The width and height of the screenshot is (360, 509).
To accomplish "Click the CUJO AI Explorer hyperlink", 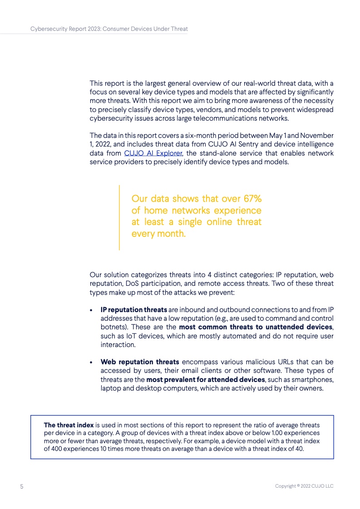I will click(x=153, y=153).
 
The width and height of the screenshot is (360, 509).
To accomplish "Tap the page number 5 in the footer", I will click(x=21, y=486).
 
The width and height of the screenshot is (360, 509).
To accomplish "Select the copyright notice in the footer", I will click(x=304, y=486).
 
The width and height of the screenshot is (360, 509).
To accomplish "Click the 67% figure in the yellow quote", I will click(x=251, y=199).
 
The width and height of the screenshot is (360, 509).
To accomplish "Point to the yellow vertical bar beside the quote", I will click(x=119, y=217).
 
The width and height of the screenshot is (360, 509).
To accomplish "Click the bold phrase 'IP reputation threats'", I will click(x=133, y=309).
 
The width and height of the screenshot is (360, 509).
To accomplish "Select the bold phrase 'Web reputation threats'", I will click(x=140, y=362).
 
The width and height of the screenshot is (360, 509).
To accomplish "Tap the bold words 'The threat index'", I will click(x=69, y=425).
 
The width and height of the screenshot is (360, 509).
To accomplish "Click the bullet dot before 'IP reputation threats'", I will click(x=92, y=310).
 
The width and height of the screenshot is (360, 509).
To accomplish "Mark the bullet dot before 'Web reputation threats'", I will click(x=92, y=362).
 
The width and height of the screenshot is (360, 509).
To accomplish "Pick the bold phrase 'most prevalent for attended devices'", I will click(x=205, y=379).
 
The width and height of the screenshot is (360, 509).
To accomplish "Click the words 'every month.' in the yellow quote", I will click(x=158, y=234).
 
